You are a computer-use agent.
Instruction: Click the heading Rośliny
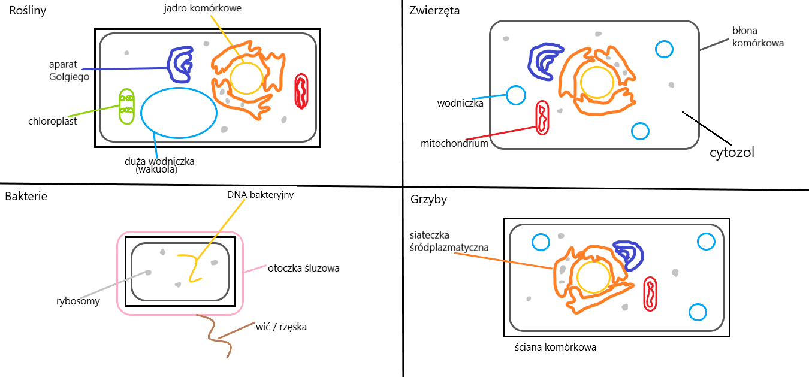(x=28, y=11)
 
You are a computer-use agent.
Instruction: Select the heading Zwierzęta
(x=434, y=11)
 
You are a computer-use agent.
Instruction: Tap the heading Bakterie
(x=26, y=196)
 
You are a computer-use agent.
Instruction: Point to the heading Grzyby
(x=428, y=200)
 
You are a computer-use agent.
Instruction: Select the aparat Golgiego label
(x=69, y=70)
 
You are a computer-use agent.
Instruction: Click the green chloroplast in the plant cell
(x=126, y=106)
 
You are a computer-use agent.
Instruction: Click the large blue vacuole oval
(x=179, y=113)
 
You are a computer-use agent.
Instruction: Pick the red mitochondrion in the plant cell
(x=301, y=91)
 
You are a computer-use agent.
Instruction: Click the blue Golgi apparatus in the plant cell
(x=180, y=65)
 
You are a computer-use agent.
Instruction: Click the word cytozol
(x=732, y=152)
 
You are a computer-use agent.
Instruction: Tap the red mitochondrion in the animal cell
(x=542, y=117)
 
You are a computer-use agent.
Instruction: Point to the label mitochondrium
(x=454, y=144)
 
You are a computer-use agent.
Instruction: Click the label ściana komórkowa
(x=556, y=347)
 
